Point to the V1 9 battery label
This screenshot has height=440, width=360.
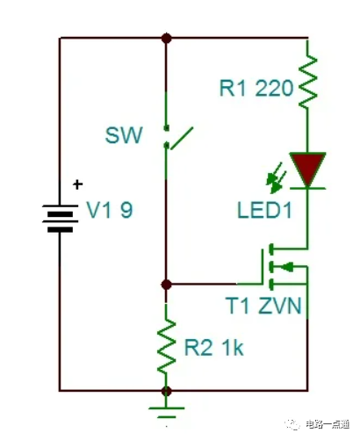111,212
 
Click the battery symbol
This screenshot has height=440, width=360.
59,215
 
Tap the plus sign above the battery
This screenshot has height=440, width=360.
77,184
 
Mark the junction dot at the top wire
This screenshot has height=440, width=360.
166,38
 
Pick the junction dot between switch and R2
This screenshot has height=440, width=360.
166,285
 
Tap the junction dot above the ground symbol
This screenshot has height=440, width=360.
166,390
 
